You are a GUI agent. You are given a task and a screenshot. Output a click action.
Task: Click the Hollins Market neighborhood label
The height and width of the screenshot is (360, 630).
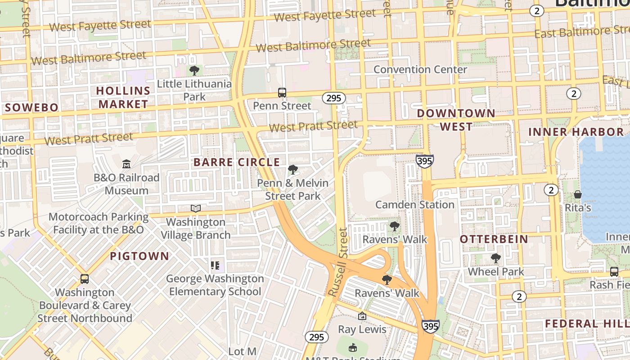[x=123, y=97]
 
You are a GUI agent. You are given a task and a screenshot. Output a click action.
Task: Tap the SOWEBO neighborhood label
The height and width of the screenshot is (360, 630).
[x=32, y=108]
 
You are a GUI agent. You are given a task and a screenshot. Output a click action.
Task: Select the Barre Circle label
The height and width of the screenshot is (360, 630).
[x=237, y=162]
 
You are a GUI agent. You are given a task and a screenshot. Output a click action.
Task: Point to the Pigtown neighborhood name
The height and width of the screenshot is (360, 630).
[x=139, y=256]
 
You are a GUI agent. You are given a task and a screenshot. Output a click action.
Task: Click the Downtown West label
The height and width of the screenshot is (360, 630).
[x=456, y=120]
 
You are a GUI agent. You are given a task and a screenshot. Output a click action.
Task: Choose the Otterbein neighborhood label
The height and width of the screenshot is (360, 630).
[x=494, y=239]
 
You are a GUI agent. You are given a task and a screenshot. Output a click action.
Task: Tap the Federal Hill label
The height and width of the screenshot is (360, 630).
[x=586, y=324]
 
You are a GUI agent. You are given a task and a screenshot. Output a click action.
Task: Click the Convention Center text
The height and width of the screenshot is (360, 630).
[x=420, y=70]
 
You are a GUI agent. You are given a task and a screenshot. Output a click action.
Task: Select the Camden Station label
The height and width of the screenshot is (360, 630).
[x=414, y=205]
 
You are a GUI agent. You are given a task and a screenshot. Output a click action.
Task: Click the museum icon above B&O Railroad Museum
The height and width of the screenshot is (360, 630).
[x=126, y=164]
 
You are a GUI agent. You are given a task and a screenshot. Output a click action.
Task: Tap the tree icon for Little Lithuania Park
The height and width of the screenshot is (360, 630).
[x=194, y=71]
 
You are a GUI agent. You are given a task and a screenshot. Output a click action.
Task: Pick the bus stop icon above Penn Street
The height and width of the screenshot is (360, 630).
[x=282, y=93]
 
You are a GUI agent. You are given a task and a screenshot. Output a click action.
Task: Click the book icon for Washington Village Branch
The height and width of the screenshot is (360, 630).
[x=195, y=208]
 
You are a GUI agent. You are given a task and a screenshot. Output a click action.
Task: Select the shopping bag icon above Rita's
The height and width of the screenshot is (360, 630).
[x=578, y=194]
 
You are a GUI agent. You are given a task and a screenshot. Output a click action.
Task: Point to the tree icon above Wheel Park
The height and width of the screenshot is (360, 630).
[x=495, y=258]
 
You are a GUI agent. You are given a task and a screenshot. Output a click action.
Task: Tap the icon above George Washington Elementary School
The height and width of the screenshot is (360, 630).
[x=215, y=265]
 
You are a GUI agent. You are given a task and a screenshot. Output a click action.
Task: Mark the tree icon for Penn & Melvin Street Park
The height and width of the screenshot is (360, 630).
[x=293, y=170]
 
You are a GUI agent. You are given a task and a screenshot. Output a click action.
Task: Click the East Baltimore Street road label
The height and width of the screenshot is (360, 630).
[x=581, y=32]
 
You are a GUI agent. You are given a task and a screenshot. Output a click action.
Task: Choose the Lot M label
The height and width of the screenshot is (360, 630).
[x=242, y=351]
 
